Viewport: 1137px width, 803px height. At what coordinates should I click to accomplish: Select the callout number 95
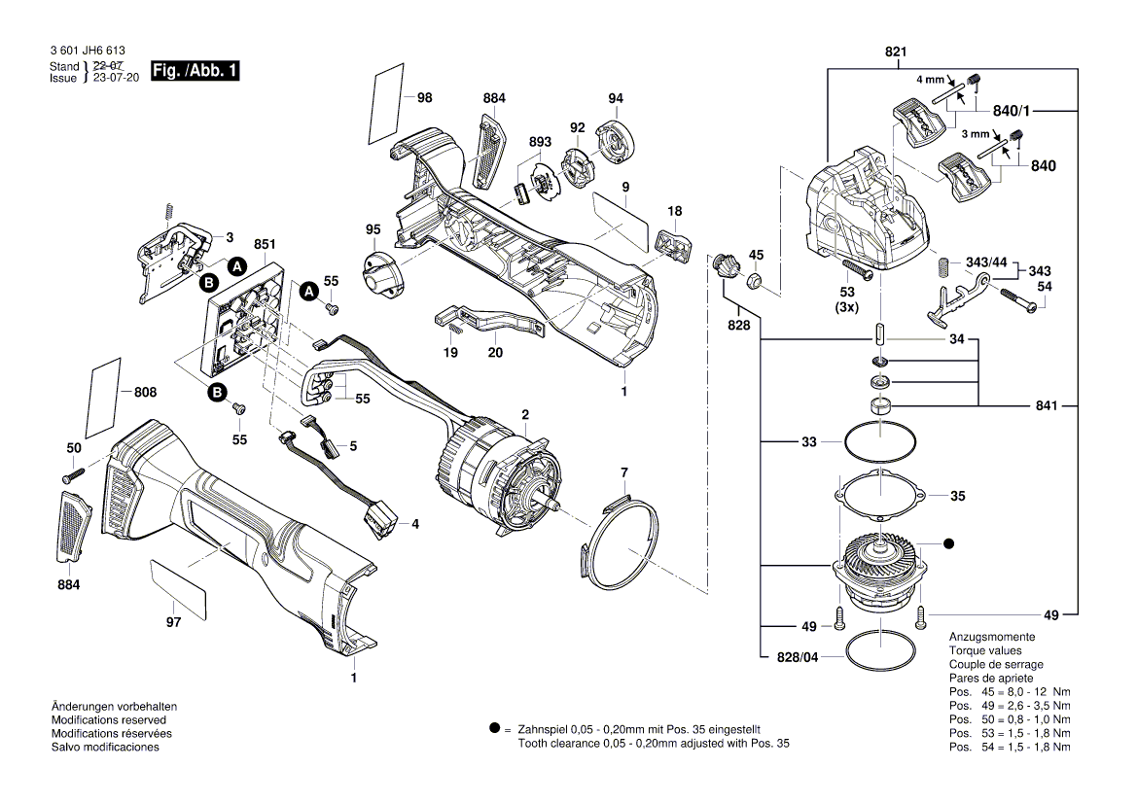click(373, 229)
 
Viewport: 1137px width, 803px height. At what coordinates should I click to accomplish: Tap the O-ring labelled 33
click(879, 443)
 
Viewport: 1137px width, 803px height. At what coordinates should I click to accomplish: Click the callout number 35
click(957, 496)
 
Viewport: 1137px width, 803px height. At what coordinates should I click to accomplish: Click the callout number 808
click(145, 393)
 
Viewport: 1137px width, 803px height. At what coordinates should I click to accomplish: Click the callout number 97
click(173, 622)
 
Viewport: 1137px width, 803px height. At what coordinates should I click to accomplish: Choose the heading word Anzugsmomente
click(984, 636)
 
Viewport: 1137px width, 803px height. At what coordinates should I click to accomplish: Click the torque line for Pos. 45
click(1009, 691)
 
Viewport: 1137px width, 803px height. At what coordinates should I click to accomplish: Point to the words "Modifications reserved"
click(111, 719)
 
